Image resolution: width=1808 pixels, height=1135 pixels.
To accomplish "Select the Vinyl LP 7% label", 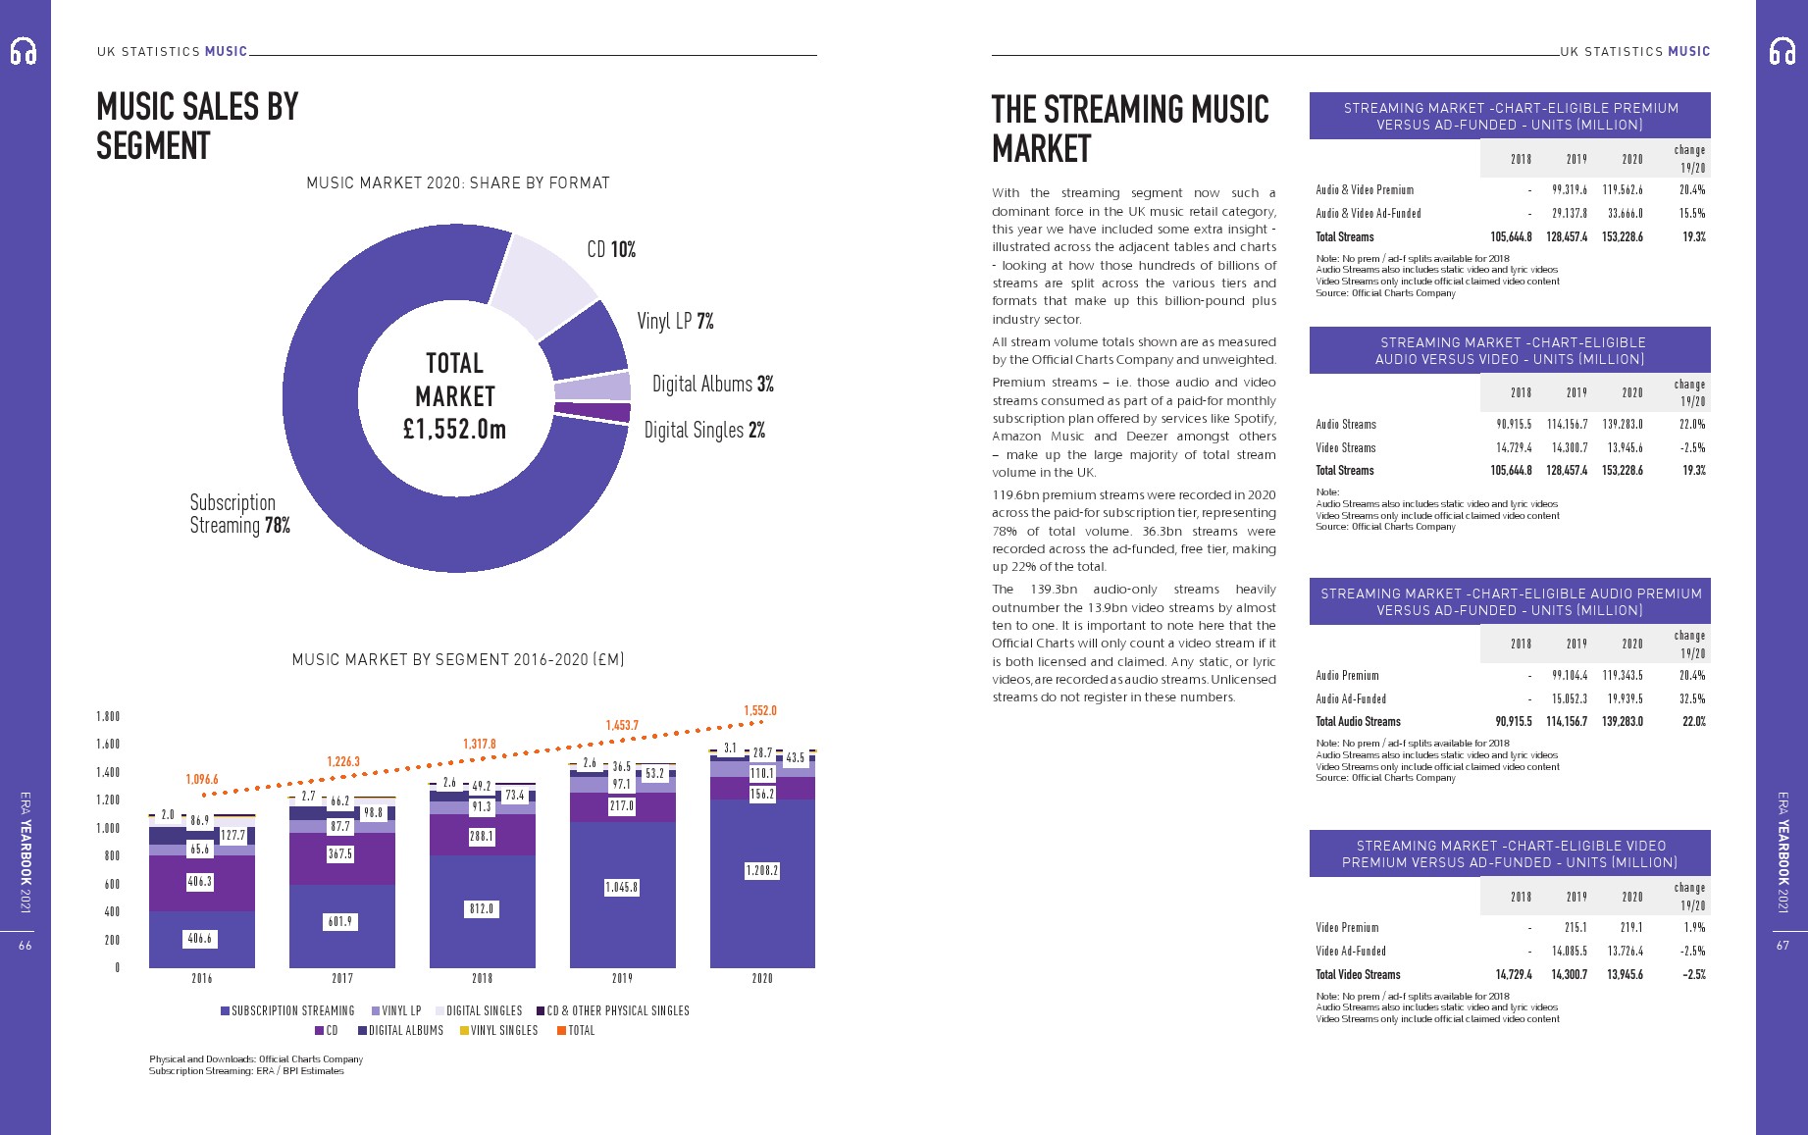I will point(675,321).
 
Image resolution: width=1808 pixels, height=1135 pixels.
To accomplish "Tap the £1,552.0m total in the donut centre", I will point(454,429).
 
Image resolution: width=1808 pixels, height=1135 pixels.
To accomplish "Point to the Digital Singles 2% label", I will point(704,430).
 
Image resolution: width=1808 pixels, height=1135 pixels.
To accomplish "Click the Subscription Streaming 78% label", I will point(239,514).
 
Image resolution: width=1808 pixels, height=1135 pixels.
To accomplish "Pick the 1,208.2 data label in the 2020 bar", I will point(762,870).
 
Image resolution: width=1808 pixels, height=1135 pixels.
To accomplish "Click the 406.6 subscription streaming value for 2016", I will point(200,939).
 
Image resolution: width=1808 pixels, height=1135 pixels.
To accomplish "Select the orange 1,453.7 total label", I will point(622,725).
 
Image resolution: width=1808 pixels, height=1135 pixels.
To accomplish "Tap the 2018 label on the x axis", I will point(482,978).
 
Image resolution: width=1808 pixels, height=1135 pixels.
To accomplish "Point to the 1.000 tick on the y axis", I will point(108,828).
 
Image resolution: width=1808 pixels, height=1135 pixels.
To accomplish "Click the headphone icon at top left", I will point(24,51).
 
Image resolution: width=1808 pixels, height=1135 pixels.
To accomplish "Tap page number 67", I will point(1782,945).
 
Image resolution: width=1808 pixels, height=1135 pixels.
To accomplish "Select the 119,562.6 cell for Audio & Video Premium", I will point(1623,189).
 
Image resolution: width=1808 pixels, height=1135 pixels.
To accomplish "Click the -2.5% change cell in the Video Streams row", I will point(1692,447).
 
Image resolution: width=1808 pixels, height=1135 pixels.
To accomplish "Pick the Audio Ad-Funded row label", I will point(1351,698).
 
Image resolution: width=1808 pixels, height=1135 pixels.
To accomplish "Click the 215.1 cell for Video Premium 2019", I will point(1576,927).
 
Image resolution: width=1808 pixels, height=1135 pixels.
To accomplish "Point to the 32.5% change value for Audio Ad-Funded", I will point(1692,698).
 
